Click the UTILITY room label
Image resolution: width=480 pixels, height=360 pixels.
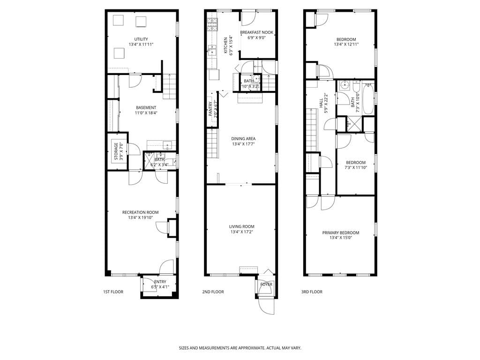(x=141, y=39)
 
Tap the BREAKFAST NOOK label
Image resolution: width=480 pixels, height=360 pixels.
(x=256, y=32)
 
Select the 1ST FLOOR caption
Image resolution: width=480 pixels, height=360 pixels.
(x=113, y=292)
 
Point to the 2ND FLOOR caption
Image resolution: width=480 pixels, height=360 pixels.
(x=213, y=292)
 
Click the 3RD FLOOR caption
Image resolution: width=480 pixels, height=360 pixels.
(x=312, y=292)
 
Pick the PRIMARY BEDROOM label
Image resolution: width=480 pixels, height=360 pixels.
(x=340, y=233)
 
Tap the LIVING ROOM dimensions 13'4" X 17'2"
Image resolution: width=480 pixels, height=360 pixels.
(x=242, y=232)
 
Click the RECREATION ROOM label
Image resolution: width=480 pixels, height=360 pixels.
(x=140, y=212)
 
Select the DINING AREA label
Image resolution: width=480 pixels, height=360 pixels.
(x=243, y=139)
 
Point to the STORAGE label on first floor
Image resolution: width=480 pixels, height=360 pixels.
(x=116, y=151)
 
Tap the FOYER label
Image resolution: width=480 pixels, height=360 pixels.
(x=266, y=285)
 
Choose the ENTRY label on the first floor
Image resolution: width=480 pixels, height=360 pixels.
(x=160, y=282)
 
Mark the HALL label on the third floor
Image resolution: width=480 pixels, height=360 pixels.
(x=321, y=103)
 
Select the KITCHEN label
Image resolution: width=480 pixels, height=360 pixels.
(x=225, y=45)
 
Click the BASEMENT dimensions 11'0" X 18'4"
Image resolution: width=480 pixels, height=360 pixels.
(x=146, y=113)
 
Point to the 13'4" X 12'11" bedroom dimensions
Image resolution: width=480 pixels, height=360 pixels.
(x=346, y=45)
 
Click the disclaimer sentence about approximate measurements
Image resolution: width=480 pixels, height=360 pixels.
(x=240, y=348)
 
